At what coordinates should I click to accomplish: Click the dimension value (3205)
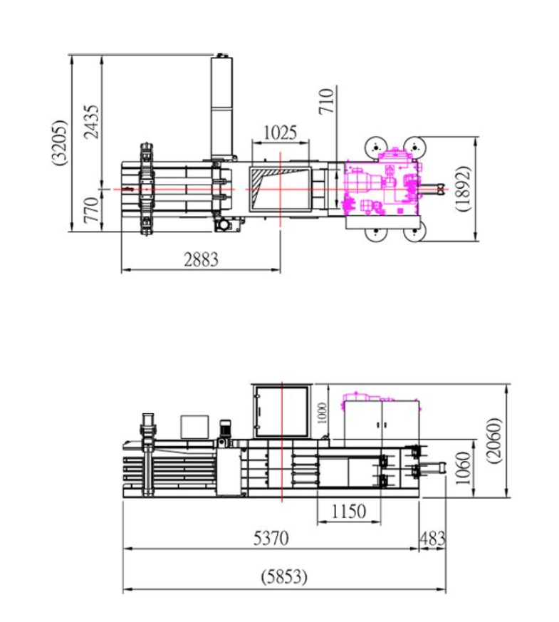point(60,142)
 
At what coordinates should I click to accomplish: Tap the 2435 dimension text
point(91,122)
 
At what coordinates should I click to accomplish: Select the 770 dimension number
point(91,210)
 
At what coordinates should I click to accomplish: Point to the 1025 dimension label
point(280,133)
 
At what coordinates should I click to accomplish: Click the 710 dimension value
point(327,101)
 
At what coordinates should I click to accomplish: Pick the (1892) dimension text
point(463,188)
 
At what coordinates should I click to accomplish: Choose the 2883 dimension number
point(201,259)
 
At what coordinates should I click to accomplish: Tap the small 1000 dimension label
point(323,413)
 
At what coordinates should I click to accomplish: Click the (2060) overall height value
point(494,440)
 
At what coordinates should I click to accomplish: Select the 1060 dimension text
point(463,469)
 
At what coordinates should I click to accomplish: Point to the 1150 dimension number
point(348,512)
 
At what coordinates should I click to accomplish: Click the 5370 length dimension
point(271,539)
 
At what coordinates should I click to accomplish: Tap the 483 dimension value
point(432,539)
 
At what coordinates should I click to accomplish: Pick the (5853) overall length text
point(284,577)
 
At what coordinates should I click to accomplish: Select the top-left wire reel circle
point(375,147)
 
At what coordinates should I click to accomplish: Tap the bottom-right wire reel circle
point(414,231)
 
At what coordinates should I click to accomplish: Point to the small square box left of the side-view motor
point(194,427)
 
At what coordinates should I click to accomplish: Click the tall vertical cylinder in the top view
point(221,107)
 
